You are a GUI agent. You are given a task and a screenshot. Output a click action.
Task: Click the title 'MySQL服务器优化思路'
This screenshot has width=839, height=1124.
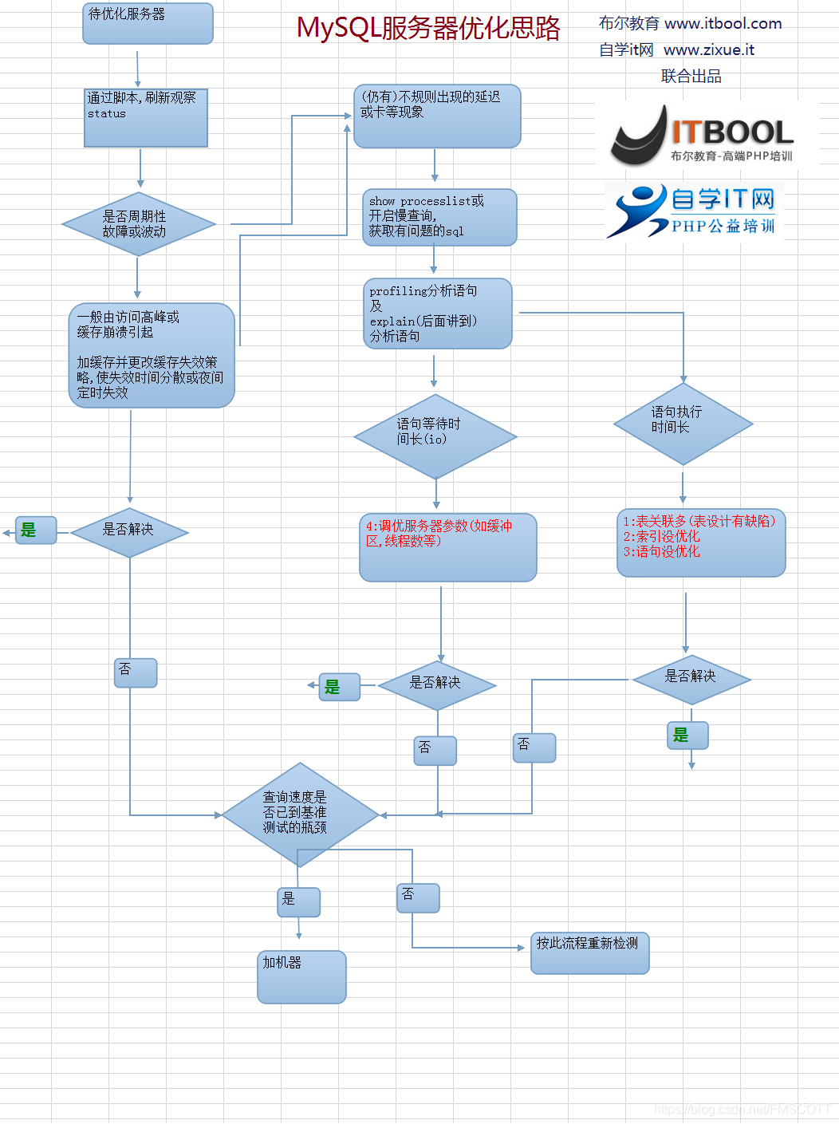pos(428,29)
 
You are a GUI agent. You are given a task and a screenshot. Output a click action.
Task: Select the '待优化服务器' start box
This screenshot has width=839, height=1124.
pos(148,23)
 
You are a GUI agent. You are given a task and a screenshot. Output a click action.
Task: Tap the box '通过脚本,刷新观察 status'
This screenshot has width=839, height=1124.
pos(146,117)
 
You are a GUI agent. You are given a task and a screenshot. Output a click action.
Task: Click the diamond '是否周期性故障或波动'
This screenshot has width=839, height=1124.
pos(139,224)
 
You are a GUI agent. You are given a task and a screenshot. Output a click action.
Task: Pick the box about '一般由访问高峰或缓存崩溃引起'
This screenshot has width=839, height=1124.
pos(152,355)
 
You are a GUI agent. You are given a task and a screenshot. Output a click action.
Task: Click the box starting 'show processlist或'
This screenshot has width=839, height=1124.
pos(439,217)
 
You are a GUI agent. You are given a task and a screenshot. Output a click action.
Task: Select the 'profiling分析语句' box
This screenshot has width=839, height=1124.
pos(437,314)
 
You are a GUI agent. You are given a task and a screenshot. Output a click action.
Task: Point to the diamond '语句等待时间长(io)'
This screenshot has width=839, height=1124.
pos(435,436)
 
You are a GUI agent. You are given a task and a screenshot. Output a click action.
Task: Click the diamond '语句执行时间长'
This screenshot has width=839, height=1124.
pos(683,424)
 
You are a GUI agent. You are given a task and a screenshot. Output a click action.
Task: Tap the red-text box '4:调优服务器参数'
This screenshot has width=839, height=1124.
pos(447,547)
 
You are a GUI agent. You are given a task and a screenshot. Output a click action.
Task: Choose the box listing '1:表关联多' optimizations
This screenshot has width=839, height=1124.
pos(701,542)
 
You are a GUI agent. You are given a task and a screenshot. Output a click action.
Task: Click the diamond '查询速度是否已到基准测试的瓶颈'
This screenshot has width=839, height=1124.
pos(300,814)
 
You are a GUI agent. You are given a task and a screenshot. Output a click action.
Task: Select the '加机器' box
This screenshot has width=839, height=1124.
pos(301,976)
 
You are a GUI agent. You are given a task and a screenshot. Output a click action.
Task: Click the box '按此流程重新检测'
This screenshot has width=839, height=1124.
pos(590,952)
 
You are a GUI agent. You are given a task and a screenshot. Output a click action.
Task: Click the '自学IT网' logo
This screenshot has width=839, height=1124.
pos(693,211)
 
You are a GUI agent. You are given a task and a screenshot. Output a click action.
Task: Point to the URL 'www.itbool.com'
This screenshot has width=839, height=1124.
pos(723,24)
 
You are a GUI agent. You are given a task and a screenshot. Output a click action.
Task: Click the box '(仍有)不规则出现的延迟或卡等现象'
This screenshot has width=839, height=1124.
pos(437,116)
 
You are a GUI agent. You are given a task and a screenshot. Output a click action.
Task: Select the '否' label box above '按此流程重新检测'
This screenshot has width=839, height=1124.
pos(418,897)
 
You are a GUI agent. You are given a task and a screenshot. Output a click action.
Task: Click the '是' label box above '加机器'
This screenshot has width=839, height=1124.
pos(298,902)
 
